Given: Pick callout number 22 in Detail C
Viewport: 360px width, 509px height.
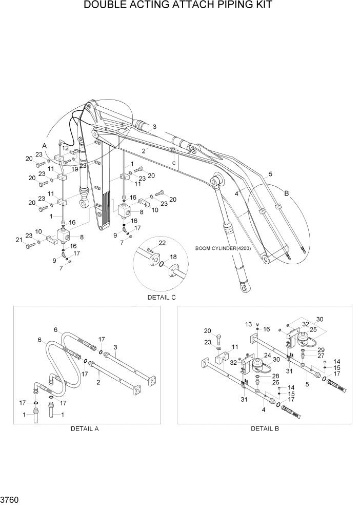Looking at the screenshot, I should (x=162, y=243).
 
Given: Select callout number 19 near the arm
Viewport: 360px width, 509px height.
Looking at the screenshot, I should (x=75, y=169).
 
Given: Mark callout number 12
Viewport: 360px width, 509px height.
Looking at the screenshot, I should (x=66, y=148).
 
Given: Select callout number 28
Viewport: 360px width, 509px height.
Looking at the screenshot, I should (x=275, y=376).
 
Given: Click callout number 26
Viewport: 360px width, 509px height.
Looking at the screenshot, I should (x=275, y=382).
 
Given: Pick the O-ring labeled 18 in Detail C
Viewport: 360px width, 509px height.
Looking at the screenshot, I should (x=162, y=264).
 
